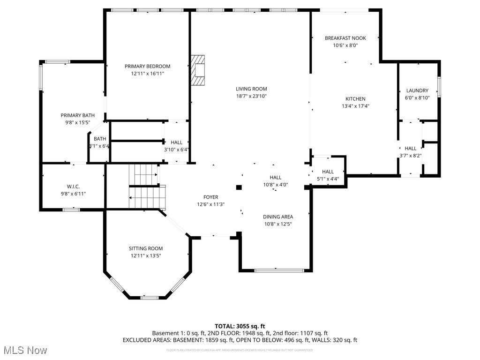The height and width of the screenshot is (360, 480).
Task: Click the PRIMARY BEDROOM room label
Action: coord(147,67)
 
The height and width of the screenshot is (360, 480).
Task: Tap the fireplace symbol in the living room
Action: coord(198,70)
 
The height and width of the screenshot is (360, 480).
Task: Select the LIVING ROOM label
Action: coord(251,89)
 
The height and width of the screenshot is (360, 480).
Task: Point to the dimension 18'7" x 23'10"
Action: coord(251,96)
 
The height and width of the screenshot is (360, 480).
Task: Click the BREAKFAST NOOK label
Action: coord(345,38)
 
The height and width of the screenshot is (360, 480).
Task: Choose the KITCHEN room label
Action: coord(355,99)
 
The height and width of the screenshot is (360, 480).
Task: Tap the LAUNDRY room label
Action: coord(417,90)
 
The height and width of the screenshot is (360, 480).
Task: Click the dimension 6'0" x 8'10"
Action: coord(417,97)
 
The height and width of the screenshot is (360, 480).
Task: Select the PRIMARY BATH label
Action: coord(77,115)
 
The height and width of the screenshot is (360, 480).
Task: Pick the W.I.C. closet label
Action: coord(73,187)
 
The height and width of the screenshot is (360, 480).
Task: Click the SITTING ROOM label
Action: coord(146,248)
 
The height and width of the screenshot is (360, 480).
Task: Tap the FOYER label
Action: coord(210,197)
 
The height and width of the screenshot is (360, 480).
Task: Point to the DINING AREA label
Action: coord(277,217)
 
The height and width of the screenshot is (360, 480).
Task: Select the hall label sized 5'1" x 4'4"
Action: coord(328,172)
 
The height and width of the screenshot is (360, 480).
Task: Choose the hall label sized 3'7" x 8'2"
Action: coord(410,149)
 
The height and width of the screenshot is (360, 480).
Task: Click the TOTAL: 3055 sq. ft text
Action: coord(240,326)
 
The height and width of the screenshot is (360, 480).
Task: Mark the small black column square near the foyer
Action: coord(239,187)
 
